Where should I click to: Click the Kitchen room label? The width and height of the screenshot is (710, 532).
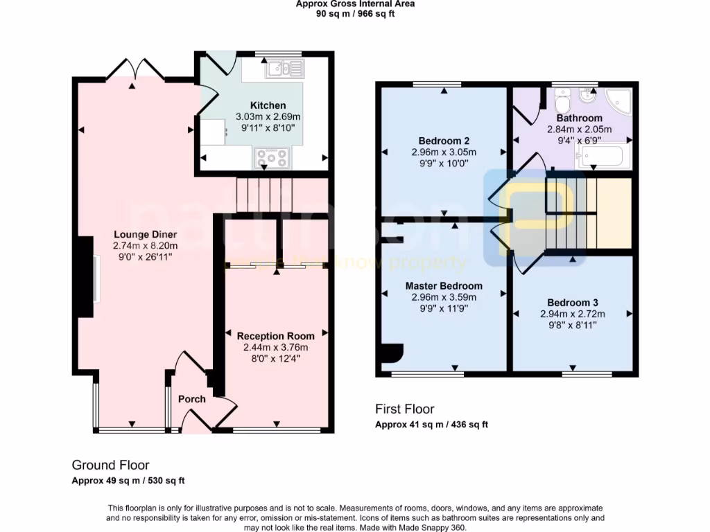pyautogui.click(x=268, y=105)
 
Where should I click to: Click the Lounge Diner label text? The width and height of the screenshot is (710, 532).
pyautogui.click(x=145, y=234)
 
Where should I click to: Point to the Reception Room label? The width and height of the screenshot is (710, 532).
pyautogui.click(x=275, y=336)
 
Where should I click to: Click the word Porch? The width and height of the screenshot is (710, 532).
pyautogui.click(x=192, y=399)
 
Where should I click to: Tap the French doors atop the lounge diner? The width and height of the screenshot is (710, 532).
pyautogui.click(x=137, y=68)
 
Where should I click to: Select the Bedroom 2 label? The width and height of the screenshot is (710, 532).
pyautogui.click(x=444, y=136)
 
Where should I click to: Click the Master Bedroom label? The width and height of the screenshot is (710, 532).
pyautogui.click(x=444, y=285)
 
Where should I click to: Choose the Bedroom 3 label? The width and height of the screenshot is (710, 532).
pyautogui.click(x=572, y=303)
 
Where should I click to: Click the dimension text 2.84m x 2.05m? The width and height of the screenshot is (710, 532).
pyautogui.click(x=579, y=129)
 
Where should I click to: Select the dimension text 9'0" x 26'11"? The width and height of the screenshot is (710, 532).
pyautogui.click(x=145, y=256)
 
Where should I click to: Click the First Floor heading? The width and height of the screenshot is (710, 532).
pyautogui.click(x=404, y=409)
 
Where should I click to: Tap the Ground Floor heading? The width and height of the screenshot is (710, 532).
pyautogui.click(x=110, y=465)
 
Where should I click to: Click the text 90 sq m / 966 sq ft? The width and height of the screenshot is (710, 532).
pyautogui.click(x=355, y=13)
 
